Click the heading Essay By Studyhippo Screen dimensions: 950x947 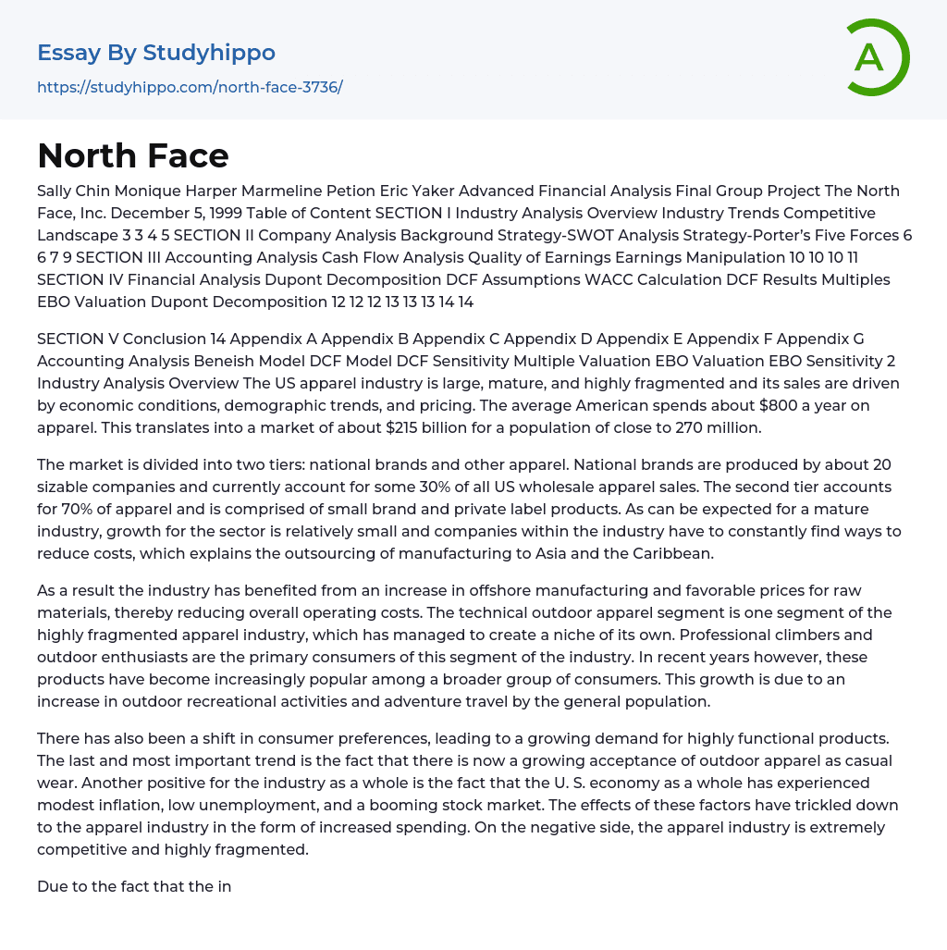(156, 53)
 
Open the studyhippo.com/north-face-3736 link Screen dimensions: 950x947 (190, 88)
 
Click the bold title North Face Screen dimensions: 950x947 (133, 155)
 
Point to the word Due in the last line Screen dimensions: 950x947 (52, 886)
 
